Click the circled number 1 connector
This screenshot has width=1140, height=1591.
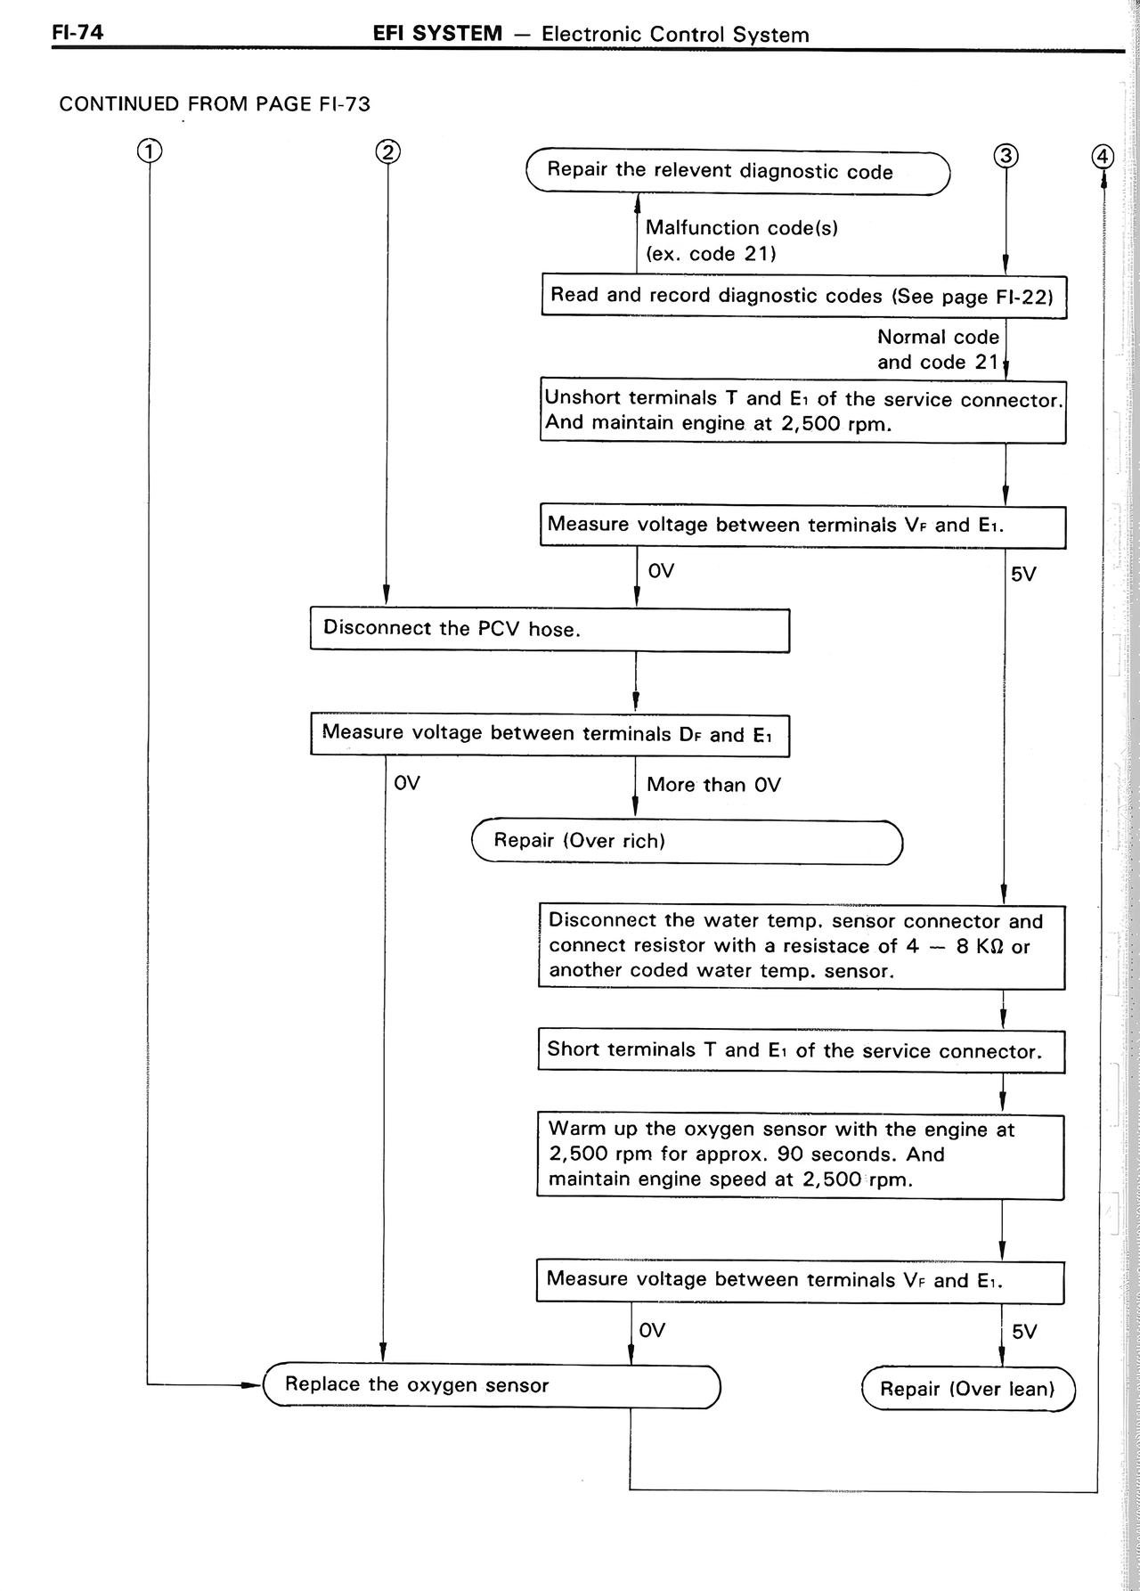[149, 151]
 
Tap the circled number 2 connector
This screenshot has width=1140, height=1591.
[387, 151]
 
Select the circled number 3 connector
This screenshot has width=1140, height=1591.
[1006, 156]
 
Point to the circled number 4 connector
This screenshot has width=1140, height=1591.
[1103, 156]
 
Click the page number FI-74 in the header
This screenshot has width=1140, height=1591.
[77, 33]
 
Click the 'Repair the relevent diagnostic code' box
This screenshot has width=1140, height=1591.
[738, 172]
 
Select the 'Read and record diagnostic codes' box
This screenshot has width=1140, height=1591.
[804, 296]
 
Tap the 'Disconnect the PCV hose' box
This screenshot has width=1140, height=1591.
[550, 630]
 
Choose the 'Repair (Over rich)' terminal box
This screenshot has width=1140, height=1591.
[688, 842]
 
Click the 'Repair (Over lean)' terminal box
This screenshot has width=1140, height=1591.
[969, 1389]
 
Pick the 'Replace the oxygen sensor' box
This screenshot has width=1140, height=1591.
[492, 1385]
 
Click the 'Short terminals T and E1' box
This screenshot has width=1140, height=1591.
[802, 1051]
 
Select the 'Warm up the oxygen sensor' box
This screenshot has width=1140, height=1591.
[801, 1155]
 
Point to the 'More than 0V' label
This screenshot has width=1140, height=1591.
[713, 785]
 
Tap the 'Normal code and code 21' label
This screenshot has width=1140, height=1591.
[938, 349]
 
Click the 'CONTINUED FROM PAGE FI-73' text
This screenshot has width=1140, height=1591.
[215, 104]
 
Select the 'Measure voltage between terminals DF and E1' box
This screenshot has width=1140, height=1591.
[550, 734]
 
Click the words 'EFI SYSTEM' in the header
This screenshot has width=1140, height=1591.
[438, 34]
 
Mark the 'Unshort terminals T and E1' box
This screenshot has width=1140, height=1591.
[803, 411]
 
